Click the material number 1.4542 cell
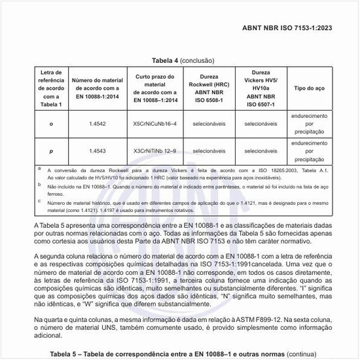pyautogui.click(x=99, y=122)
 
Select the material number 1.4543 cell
pyautogui.click(x=99, y=151)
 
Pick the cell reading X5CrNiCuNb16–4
pyautogui.click(x=154, y=122)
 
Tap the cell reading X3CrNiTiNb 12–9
pyautogui.click(x=154, y=151)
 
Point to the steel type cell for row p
pyautogui.click(x=308, y=151)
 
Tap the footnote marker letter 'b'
pyautogui.click(x=39, y=185)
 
